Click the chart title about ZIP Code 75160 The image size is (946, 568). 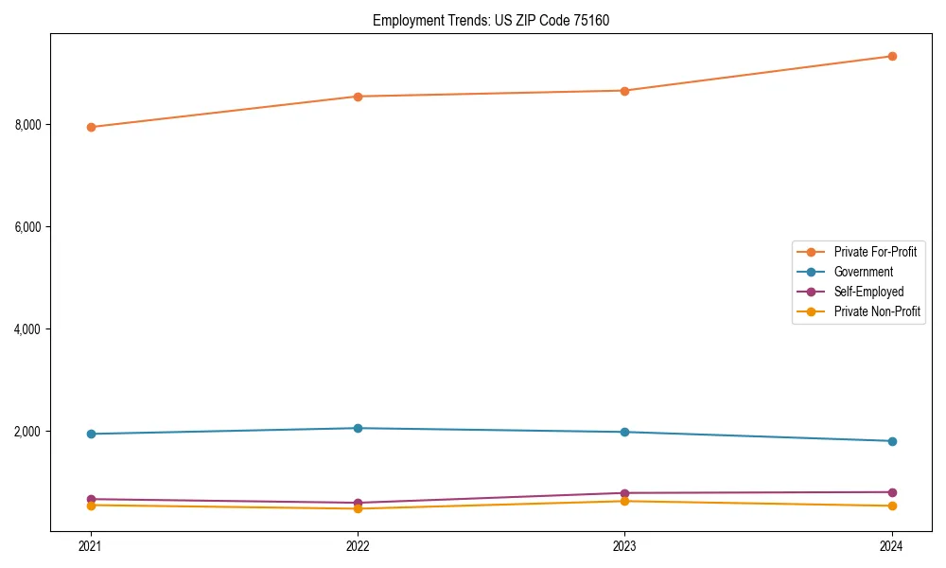(490, 20)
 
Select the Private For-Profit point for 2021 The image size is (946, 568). (91, 127)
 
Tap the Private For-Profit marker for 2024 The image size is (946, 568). (892, 56)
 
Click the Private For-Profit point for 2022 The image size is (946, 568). (358, 97)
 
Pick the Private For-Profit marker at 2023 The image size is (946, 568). (624, 91)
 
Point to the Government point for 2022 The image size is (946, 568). (358, 428)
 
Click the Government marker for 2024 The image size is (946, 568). (892, 441)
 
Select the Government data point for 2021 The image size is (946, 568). (91, 434)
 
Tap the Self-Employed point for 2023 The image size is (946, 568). (624, 493)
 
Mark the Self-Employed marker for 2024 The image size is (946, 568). (892, 492)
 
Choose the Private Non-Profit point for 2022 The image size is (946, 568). (358, 508)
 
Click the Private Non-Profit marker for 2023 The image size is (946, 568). (624, 501)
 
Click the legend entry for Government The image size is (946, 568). (863, 272)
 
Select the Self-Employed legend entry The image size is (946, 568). (868, 292)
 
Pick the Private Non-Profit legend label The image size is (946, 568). (877, 311)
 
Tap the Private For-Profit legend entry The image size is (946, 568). (875, 252)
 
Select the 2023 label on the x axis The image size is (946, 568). (624, 546)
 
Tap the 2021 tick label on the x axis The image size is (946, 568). (91, 546)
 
